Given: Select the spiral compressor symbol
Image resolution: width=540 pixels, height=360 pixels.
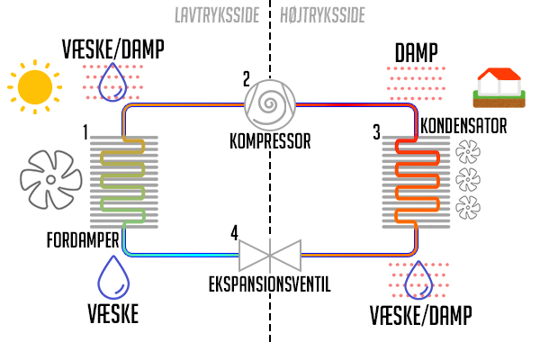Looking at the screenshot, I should click(269, 103).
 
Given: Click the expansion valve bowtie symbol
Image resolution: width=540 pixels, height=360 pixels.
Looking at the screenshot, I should click(269, 256).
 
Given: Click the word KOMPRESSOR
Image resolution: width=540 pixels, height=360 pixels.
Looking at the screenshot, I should click(269, 141).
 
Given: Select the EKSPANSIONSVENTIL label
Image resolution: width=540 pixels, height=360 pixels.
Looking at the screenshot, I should click(269, 284).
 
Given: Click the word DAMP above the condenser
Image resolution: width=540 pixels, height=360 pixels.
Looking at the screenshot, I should click(417, 53).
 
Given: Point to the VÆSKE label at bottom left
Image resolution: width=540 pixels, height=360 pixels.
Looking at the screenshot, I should click(113, 314).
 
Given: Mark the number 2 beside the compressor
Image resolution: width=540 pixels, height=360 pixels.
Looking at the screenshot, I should click(247, 78).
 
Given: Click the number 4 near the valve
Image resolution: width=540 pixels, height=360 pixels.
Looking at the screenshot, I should click(235, 233).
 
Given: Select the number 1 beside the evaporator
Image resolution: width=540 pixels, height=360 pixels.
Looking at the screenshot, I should click(85, 133).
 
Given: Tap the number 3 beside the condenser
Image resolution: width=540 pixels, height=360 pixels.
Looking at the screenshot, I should click(376, 133).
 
